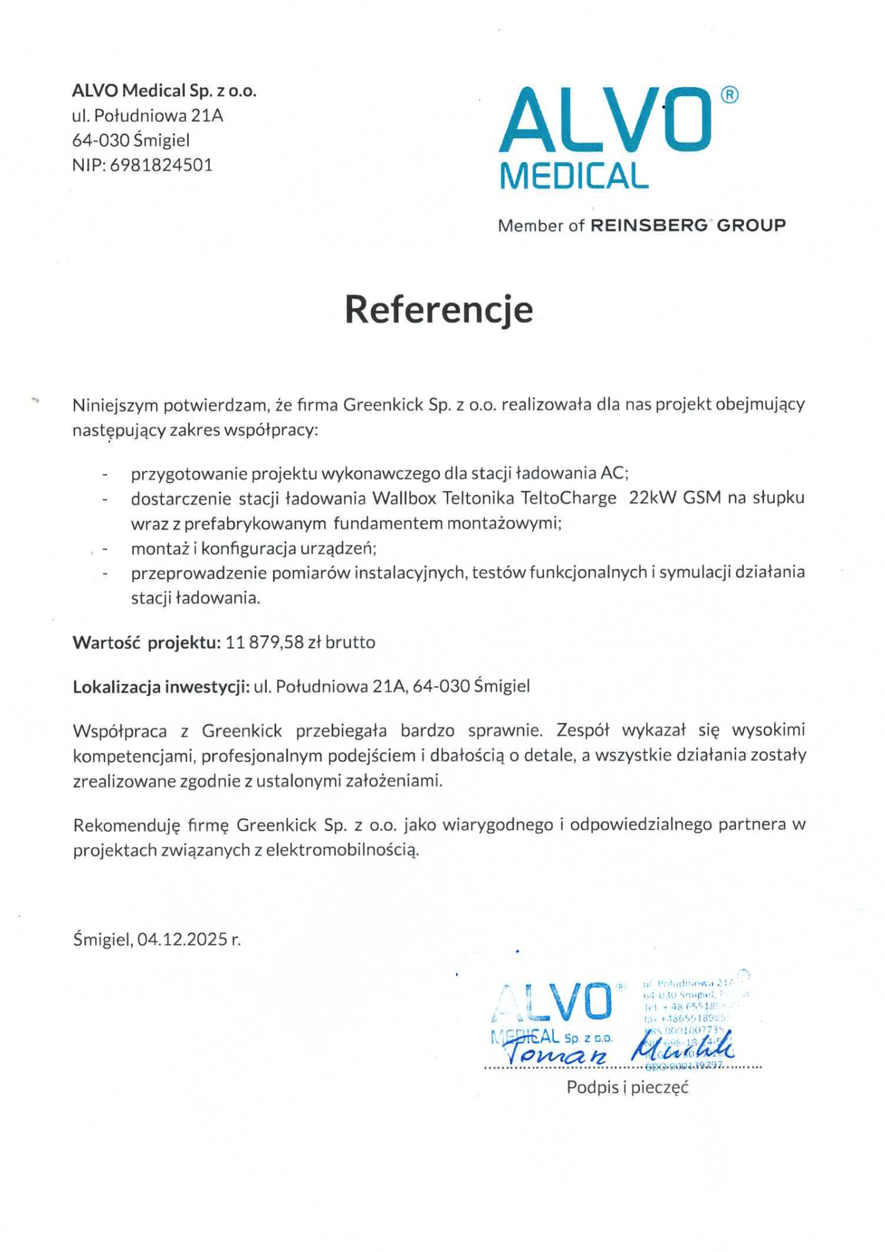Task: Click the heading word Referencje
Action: point(439,309)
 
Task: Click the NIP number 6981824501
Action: point(161,165)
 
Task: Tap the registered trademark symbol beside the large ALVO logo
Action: point(729,95)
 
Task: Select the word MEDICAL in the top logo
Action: point(574,177)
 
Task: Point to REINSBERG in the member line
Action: point(648,225)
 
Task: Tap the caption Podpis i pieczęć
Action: point(627,1087)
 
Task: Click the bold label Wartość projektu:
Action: point(146,642)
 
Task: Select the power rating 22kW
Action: point(653,498)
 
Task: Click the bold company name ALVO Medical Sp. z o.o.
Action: point(164,91)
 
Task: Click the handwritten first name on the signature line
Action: point(556,1055)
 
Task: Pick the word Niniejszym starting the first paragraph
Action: point(116,405)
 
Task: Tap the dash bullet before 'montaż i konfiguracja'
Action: point(105,549)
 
